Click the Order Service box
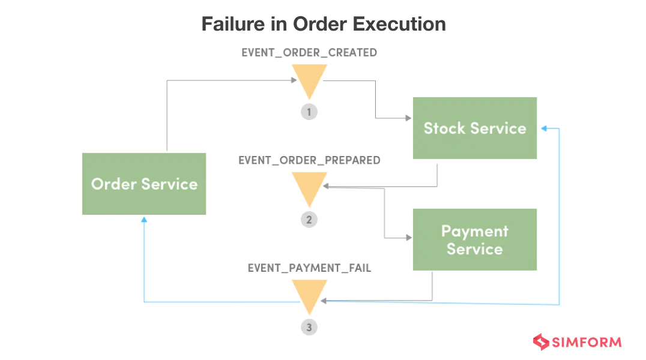click(x=144, y=184)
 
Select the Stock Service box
click(x=474, y=128)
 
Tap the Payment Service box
click(x=474, y=239)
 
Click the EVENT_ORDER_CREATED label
click(x=309, y=53)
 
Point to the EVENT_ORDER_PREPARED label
click(x=309, y=160)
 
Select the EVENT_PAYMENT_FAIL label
click(x=309, y=268)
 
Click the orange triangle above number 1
click(x=309, y=80)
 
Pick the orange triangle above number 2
click(x=309, y=187)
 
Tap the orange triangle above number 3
click(x=309, y=295)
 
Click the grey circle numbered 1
click(x=309, y=112)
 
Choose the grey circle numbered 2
click(x=309, y=220)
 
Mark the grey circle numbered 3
click(x=309, y=328)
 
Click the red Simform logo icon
click(x=541, y=343)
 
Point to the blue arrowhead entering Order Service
click(x=144, y=220)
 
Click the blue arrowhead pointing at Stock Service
click(x=543, y=128)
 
